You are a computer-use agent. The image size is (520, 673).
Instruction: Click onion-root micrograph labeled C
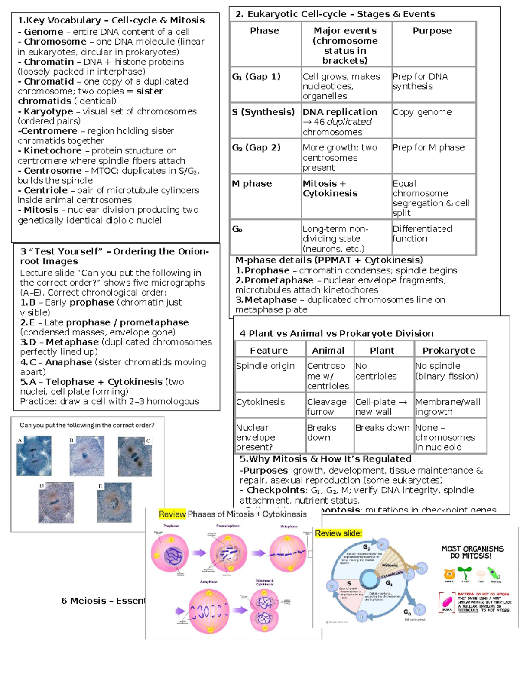click(135, 456)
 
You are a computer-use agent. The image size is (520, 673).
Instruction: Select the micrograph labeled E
click(114, 502)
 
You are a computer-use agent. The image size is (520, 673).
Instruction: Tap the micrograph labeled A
click(34, 455)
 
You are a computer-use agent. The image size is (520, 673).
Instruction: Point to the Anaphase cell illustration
click(208, 611)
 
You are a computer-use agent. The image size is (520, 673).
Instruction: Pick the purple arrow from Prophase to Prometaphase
click(199, 553)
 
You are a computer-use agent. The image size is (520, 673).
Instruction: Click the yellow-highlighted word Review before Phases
click(172, 514)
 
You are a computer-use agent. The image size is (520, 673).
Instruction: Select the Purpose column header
click(432, 31)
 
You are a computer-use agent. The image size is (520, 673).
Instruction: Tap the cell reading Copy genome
click(422, 112)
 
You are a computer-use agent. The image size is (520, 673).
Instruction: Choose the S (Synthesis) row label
click(263, 112)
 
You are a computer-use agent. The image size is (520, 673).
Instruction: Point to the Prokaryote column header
click(448, 350)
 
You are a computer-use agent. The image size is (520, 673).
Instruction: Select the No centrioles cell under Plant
click(376, 371)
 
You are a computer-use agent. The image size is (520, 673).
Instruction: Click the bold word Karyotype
click(48, 111)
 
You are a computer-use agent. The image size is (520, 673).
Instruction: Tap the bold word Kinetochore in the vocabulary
click(52, 151)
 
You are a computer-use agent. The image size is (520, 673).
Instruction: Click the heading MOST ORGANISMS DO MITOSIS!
click(472, 552)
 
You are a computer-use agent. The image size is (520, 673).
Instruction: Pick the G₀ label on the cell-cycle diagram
click(407, 612)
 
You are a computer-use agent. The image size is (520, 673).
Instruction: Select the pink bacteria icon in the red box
click(446, 603)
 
